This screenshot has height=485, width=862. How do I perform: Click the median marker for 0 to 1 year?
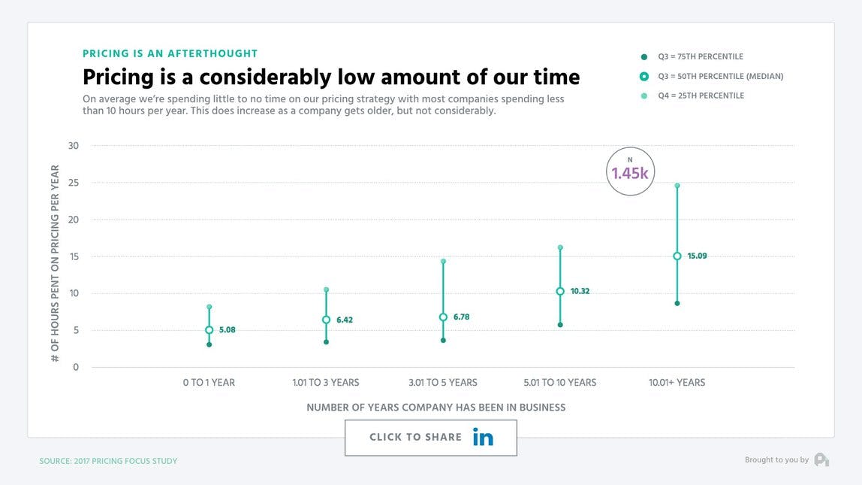click(x=209, y=330)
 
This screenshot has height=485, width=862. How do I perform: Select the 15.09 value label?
click(x=697, y=256)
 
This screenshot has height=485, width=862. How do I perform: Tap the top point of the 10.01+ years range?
click(x=677, y=186)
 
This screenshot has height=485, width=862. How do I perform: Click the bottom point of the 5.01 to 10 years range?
click(x=560, y=325)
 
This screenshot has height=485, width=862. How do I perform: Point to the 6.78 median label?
click(x=461, y=317)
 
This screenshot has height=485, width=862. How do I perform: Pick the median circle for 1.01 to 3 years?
click(x=326, y=320)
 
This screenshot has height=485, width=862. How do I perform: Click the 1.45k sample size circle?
click(x=630, y=172)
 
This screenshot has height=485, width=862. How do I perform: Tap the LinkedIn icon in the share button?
click(x=483, y=437)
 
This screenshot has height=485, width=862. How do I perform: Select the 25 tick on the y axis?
click(x=74, y=183)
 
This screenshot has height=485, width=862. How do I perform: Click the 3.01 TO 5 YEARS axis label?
click(x=443, y=383)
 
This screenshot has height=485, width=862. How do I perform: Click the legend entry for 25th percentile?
click(x=701, y=95)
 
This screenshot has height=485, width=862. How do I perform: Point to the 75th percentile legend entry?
click(x=701, y=56)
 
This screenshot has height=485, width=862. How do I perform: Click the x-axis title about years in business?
click(x=436, y=407)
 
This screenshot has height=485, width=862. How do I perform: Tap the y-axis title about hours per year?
click(x=55, y=264)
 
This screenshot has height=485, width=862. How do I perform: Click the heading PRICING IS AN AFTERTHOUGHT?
click(x=170, y=53)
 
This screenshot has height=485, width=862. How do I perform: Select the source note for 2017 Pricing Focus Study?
click(x=108, y=461)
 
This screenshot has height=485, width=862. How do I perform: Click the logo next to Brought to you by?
click(x=821, y=459)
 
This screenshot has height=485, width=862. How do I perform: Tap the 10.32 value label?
click(x=580, y=291)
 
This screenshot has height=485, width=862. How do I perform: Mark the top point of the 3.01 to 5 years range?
click(x=443, y=262)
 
